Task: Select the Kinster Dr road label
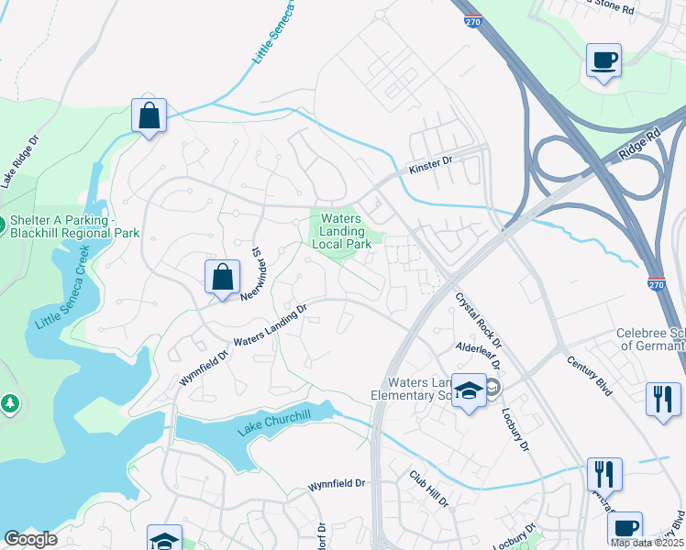pyautogui.click(x=431, y=163)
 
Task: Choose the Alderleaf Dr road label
pyautogui.click(x=480, y=348)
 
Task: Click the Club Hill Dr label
pyautogui.click(x=428, y=489)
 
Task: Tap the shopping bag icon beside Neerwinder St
pyautogui.click(x=222, y=277)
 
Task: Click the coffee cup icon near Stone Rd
pyautogui.click(x=603, y=60)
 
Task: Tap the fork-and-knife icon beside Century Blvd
pyautogui.click(x=663, y=400)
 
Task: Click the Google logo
pyautogui.click(x=30, y=539)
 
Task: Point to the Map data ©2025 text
pyautogui.click(x=647, y=543)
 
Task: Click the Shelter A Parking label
pyautogui.click(x=73, y=226)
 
